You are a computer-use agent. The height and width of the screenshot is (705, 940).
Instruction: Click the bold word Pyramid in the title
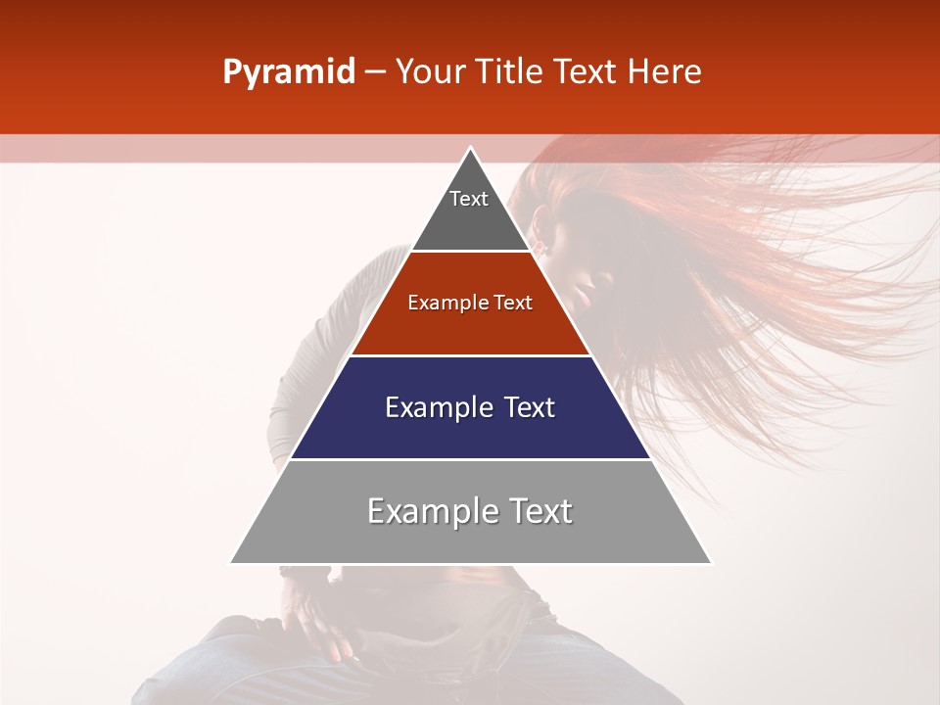coord(288,72)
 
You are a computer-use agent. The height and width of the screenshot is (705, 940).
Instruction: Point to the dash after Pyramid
coord(375,72)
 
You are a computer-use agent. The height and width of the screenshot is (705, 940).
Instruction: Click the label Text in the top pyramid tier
coord(469,199)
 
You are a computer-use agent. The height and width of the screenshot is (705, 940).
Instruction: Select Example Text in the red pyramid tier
coord(470,303)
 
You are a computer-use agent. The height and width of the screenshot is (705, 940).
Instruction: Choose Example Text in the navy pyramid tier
coord(470,407)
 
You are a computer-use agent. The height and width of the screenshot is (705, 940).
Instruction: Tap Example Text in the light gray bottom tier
coord(470,511)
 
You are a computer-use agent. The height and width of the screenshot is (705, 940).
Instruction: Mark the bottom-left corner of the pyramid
coord(231,563)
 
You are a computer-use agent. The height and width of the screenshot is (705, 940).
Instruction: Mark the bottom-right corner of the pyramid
coord(711,563)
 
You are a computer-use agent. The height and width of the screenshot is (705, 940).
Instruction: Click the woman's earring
coord(539,247)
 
